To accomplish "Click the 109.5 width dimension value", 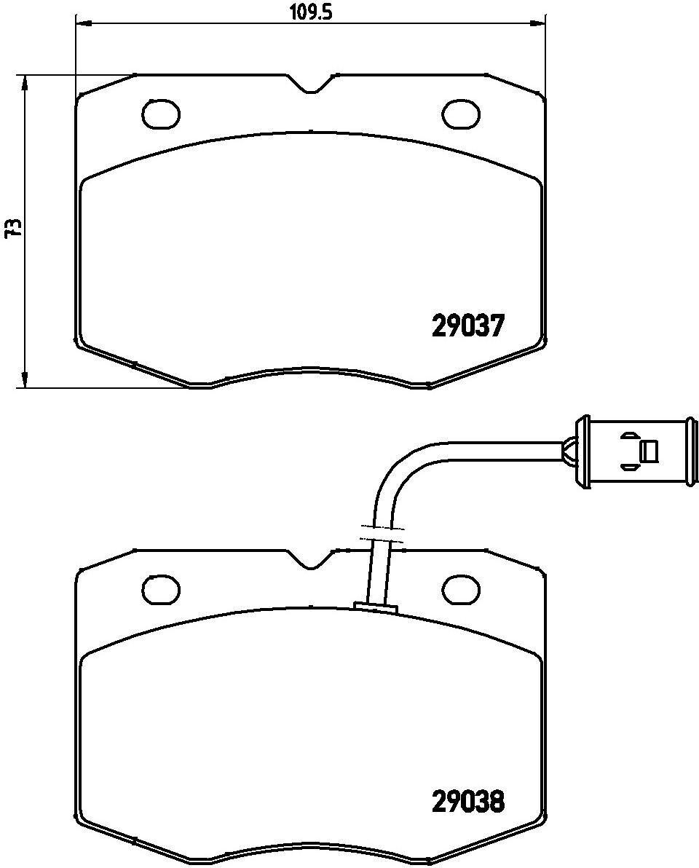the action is tap(310, 12).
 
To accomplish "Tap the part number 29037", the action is tap(467, 325).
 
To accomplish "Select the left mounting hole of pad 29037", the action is tap(161, 114).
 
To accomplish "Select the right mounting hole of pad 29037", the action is tap(461, 114).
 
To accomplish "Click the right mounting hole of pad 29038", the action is tap(461, 590).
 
